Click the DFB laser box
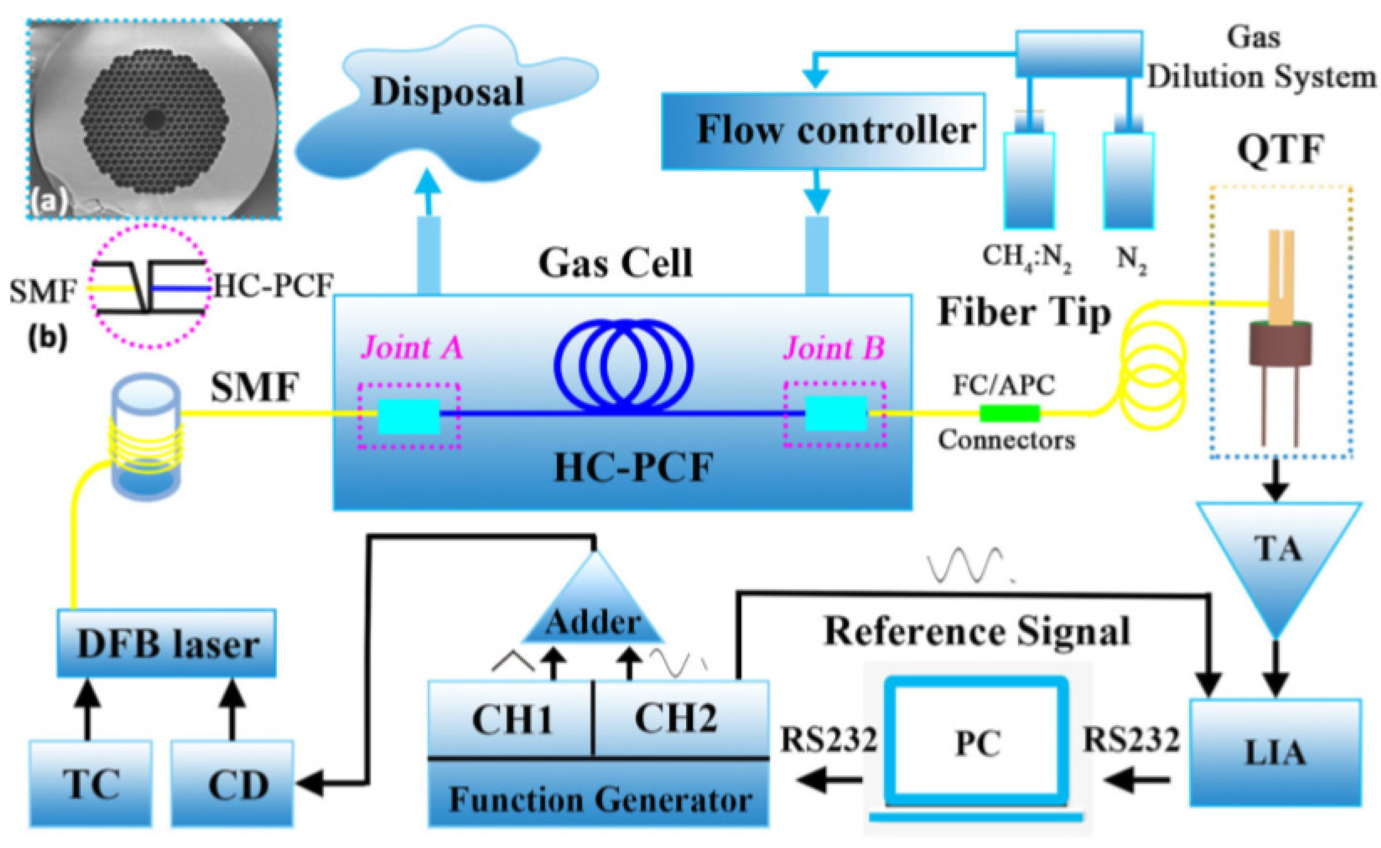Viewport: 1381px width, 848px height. [x=167, y=643]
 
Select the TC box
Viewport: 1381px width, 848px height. [x=90, y=784]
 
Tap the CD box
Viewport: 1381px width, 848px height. [x=232, y=784]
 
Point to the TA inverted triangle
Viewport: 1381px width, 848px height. [x=1278, y=556]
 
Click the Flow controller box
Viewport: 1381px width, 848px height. [x=823, y=131]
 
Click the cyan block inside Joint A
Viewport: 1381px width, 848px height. [x=408, y=416]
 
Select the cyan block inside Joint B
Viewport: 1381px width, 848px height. [x=835, y=413]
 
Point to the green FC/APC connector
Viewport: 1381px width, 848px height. [x=1009, y=413]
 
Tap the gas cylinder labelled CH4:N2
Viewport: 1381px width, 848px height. [x=1029, y=180]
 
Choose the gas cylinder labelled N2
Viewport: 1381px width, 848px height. [x=1128, y=180]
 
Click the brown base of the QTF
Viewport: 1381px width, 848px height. [x=1279, y=345]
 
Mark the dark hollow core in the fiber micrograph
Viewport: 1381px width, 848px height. [x=154, y=119]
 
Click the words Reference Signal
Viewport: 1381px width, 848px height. [x=977, y=633]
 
